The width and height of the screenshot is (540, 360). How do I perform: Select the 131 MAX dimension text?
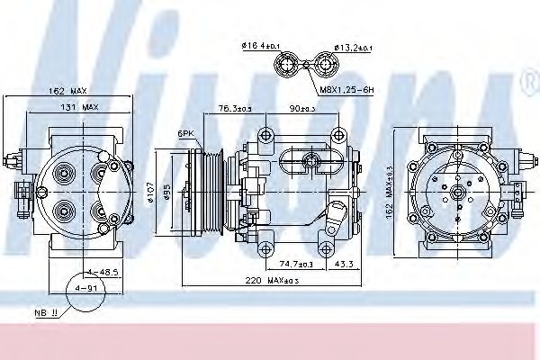(80, 107)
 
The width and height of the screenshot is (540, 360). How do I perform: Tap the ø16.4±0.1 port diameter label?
(261, 44)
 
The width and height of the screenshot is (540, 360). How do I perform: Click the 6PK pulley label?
(185, 132)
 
